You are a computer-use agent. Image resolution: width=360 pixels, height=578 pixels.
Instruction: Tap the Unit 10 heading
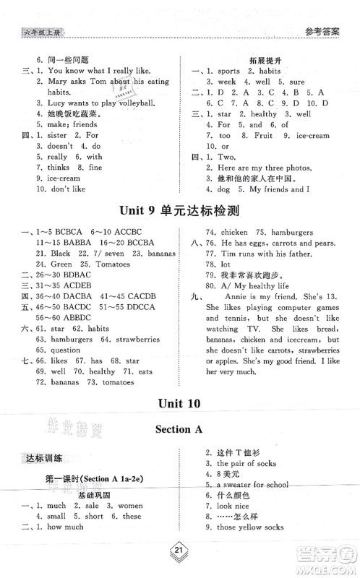pos(179,404)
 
